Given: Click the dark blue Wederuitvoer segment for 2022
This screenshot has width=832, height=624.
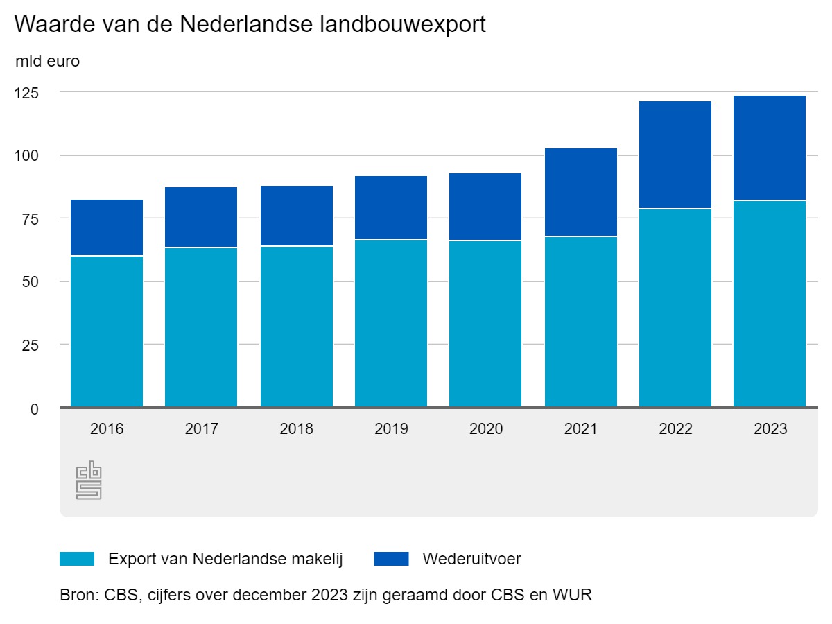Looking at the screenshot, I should (675, 155).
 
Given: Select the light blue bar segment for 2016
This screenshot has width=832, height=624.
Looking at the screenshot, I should (107, 331).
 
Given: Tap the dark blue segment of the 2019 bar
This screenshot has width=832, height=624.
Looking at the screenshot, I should (391, 207).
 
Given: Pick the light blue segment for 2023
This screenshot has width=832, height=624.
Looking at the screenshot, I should (770, 304).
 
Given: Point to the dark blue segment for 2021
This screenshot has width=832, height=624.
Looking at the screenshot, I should (581, 192).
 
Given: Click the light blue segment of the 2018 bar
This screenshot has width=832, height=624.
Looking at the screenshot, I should (297, 327).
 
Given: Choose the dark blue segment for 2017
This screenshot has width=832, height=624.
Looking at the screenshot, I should (201, 217).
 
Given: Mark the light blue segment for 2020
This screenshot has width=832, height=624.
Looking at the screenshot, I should (485, 324).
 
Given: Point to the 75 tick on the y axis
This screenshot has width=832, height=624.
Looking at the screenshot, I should (31, 219).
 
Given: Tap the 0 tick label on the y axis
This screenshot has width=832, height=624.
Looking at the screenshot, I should (35, 408).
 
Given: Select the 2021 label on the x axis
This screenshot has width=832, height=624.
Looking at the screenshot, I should (581, 429).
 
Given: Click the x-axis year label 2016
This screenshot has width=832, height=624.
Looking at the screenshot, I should (107, 429).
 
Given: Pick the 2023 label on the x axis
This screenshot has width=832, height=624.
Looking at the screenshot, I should (770, 429).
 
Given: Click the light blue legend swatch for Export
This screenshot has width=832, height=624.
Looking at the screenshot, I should (77, 559).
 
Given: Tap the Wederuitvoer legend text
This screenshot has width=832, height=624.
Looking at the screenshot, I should (471, 559).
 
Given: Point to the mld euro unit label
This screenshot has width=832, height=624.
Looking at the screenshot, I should (48, 61).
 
